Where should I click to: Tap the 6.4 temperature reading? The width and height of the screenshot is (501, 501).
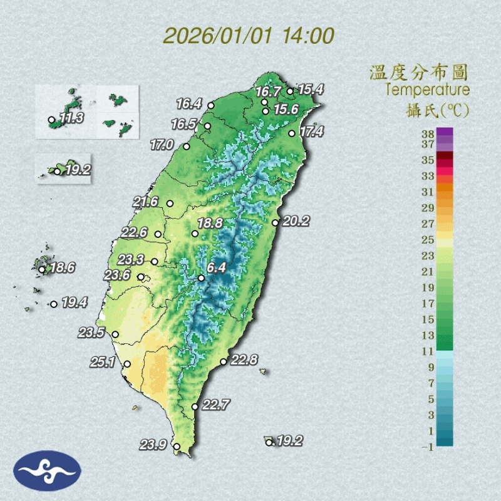tap(216, 268)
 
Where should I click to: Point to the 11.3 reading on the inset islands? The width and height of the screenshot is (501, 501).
tap(71, 118)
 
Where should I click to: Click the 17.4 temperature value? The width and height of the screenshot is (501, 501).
tap(311, 132)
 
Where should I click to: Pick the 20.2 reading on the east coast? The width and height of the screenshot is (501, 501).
tap(296, 221)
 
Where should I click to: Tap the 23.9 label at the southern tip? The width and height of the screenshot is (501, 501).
tap(153, 445)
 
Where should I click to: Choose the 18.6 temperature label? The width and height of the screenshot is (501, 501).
tap(63, 268)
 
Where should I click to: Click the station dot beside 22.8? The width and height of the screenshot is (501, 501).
tap(224, 361)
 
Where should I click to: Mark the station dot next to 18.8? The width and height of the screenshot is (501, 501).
tap(195, 234)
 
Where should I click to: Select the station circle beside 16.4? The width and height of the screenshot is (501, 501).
tap(211, 105)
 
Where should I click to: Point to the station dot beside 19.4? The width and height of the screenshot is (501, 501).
tap(54, 304)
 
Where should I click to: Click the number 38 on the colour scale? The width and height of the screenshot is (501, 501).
tap(428, 133)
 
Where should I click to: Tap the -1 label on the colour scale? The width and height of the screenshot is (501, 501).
tap(428, 446)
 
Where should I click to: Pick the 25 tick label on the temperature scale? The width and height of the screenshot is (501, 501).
tap(428, 240)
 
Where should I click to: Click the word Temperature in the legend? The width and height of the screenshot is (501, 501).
tap(427, 90)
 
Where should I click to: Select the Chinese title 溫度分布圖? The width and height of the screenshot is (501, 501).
tap(418, 72)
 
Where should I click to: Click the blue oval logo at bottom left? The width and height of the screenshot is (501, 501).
tap(47, 471)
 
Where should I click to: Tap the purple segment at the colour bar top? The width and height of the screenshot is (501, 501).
tap(445, 132)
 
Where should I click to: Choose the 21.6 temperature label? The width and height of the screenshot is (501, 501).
tap(145, 202)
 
